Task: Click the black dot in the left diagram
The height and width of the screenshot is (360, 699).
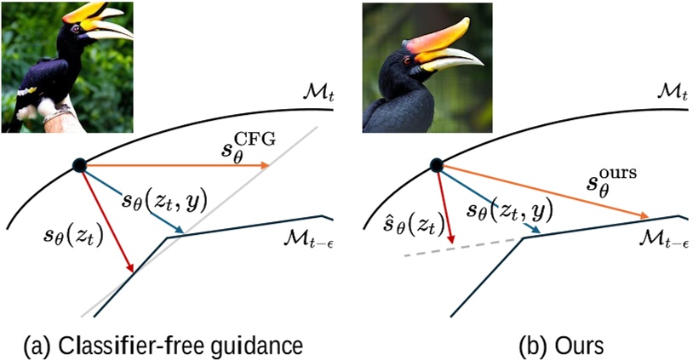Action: tap(78, 165)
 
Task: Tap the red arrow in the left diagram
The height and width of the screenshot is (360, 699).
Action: tap(107, 220)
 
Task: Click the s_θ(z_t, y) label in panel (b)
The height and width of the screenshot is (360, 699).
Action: tap(509, 209)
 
